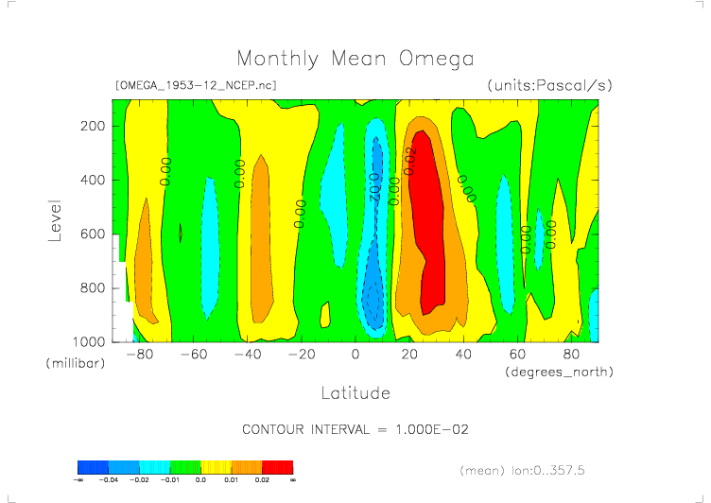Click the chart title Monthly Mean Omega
(x=355, y=59)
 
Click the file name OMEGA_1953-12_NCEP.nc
(x=195, y=85)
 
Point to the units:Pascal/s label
(x=549, y=85)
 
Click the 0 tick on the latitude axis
(x=355, y=355)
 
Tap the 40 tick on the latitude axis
(x=463, y=355)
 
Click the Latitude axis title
(x=355, y=392)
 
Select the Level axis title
(x=55, y=219)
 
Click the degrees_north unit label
(x=559, y=372)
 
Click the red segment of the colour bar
(x=278, y=467)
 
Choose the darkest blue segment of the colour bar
(x=93, y=467)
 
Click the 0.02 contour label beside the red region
(x=409, y=161)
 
